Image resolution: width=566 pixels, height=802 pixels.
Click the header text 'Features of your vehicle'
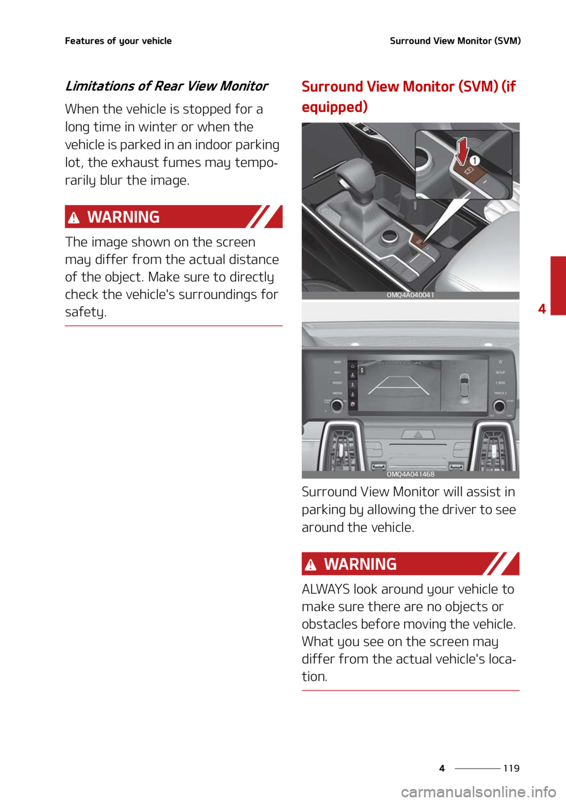pyautogui.click(x=118, y=41)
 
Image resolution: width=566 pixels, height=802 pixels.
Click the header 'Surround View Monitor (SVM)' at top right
pyautogui.click(x=455, y=41)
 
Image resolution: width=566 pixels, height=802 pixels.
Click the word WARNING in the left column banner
pyautogui.click(x=123, y=217)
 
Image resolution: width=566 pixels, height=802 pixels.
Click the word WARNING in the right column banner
pyautogui.click(x=360, y=564)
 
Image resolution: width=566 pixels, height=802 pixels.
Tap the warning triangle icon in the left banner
pyautogui.click(x=74, y=218)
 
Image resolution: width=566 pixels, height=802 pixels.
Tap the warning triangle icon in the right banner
pyautogui.click(x=311, y=566)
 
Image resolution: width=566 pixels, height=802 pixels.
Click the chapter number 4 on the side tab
pyautogui.click(x=542, y=308)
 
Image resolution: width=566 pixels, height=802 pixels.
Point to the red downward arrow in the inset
pyautogui.click(x=462, y=151)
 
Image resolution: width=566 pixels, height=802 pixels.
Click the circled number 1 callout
pyautogui.click(x=475, y=160)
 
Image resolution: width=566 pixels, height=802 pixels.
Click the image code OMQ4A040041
pyautogui.click(x=410, y=295)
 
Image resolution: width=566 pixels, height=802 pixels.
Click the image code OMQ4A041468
pyautogui.click(x=410, y=474)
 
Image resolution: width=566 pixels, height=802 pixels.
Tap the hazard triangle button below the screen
pyautogui.click(x=417, y=434)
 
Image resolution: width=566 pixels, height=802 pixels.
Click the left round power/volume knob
pyautogui.click(x=336, y=405)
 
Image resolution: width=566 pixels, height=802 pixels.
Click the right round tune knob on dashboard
pyautogui.click(x=499, y=405)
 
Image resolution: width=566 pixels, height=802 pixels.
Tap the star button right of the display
pyautogui.click(x=500, y=361)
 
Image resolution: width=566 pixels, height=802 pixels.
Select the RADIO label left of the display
pyautogui.click(x=337, y=383)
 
